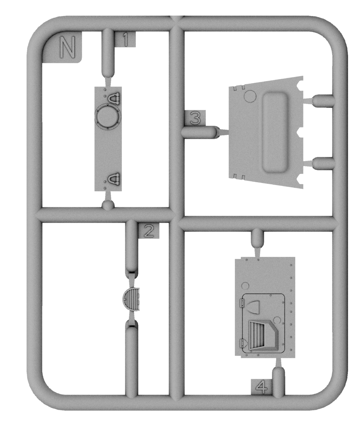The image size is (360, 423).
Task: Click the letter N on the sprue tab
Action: point(67,48)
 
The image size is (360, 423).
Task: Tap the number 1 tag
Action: point(126,39)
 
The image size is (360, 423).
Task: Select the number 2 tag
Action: point(149,231)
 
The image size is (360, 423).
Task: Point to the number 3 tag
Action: point(195,118)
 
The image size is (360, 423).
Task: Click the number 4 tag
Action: point(261,387)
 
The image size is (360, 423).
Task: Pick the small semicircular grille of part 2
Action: point(131,299)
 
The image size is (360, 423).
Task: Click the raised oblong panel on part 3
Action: point(276,132)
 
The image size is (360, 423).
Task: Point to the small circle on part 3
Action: point(250,96)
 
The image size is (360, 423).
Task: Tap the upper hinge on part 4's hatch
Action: point(243,303)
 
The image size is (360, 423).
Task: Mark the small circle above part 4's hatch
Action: point(245,286)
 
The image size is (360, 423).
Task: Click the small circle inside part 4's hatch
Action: point(277,320)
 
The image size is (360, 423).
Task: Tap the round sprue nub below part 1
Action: point(108,205)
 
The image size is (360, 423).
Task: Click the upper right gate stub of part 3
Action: point(323,101)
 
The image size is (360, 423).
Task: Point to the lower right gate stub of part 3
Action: point(323,163)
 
